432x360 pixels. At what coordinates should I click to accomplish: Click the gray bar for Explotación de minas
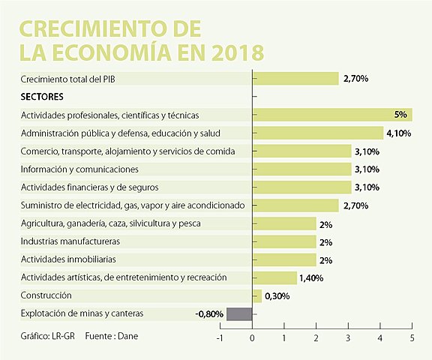coord(239,313)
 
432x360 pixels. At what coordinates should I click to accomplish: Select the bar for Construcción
coord(257,295)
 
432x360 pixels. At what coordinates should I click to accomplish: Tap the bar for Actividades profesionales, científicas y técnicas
coord(333,115)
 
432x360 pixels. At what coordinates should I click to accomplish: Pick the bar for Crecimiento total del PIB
coord(296,79)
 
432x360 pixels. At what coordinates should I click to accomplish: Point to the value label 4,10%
coord(399,133)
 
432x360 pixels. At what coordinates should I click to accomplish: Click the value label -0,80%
coord(209,313)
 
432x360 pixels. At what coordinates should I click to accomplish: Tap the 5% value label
coord(400,115)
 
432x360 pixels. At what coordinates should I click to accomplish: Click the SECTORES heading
coord(42,97)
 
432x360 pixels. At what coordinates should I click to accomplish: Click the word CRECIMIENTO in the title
coord(88,28)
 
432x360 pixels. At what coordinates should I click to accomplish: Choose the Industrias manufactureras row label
coord(70,241)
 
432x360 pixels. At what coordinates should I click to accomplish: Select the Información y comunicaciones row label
coord(79,169)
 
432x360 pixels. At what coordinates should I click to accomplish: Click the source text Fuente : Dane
coord(112,335)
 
